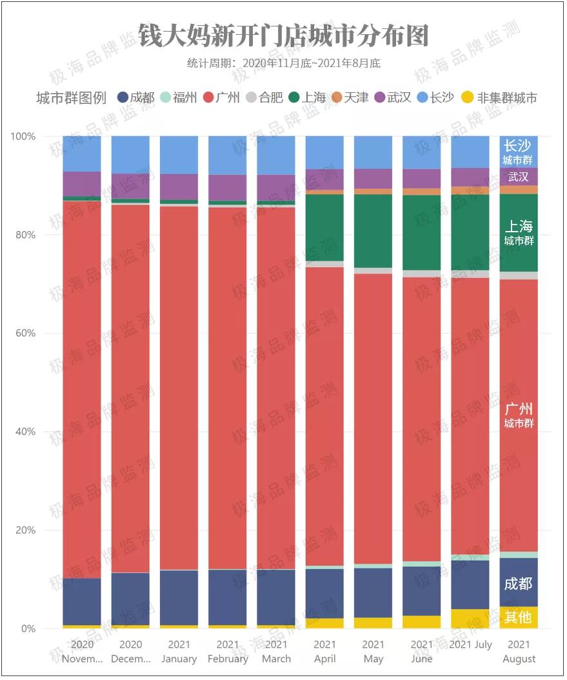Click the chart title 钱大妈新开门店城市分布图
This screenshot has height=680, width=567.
[x=283, y=36]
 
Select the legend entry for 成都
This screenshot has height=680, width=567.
[x=136, y=98]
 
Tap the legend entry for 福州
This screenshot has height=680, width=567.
[x=179, y=98]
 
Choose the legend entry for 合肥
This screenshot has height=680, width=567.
[x=265, y=98]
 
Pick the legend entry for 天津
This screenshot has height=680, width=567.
[x=350, y=98]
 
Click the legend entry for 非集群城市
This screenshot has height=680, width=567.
[x=501, y=98]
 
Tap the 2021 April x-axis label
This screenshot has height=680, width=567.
[x=324, y=652]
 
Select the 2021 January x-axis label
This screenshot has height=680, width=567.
[x=179, y=652]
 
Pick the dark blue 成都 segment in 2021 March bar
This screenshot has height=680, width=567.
[x=276, y=597]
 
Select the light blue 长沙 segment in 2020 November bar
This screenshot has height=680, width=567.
[x=82, y=154]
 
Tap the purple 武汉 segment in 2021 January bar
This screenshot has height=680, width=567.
[x=179, y=186]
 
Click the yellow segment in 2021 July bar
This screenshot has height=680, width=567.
[x=470, y=619]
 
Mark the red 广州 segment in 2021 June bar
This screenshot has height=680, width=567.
[x=422, y=419]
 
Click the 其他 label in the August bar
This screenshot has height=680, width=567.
[x=518, y=617]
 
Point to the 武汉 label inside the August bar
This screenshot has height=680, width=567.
[x=518, y=177]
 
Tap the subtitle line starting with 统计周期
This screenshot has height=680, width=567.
[x=283, y=63]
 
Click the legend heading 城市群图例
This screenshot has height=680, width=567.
[x=71, y=98]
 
